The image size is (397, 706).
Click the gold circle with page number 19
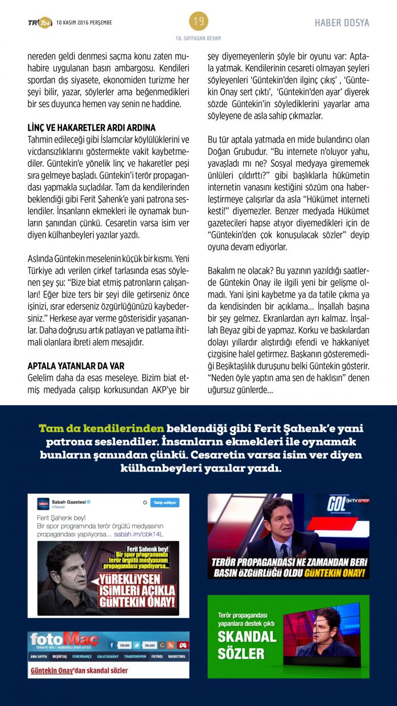click(198, 22)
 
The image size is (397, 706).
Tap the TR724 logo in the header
click(40, 23)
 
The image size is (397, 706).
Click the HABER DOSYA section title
click(342, 23)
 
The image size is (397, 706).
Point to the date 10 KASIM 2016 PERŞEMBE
click(85, 23)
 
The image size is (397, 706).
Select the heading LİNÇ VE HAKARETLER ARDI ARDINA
click(91, 128)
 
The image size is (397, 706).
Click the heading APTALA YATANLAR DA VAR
click(76, 366)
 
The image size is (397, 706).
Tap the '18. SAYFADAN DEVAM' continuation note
click(198, 38)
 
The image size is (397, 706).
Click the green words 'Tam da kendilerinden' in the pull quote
click(102, 428)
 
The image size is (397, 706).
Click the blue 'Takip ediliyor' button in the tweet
click(164, 503)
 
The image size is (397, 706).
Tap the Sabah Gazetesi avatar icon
click(43, 503)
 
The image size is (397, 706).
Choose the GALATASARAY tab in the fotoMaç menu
click(111, 657)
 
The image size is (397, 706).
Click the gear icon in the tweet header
click(145, 503)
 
